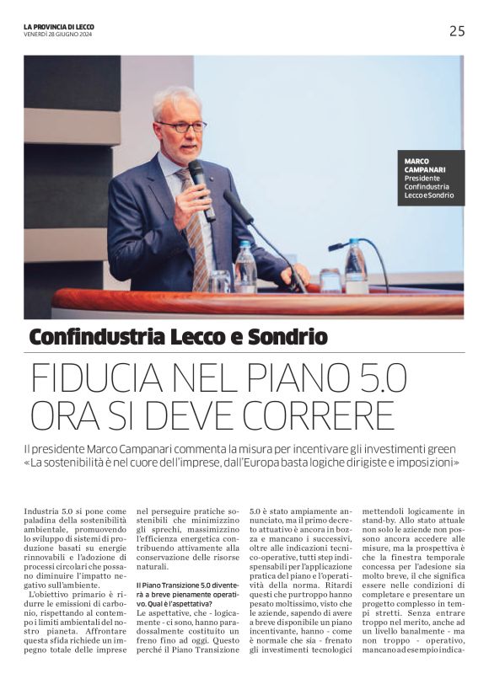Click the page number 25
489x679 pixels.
456,31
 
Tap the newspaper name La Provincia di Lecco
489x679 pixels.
59,27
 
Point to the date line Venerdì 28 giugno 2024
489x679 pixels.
58,35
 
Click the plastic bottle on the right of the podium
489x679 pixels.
356,268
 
